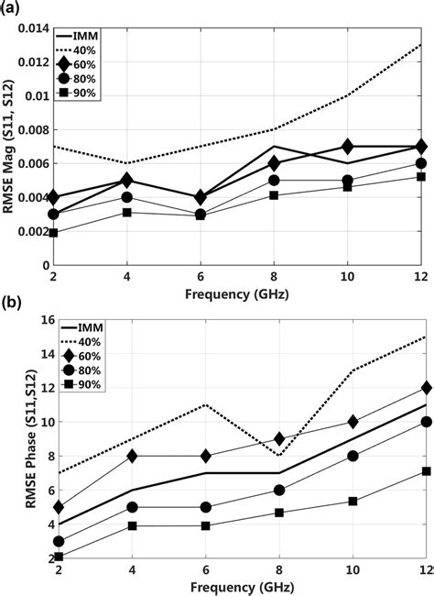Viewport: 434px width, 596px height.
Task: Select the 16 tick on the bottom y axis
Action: click(x=38, y=322)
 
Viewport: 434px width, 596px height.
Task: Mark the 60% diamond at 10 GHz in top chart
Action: click(x=346, y=147)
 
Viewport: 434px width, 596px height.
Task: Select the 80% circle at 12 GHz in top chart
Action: click(x=419, y=163)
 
